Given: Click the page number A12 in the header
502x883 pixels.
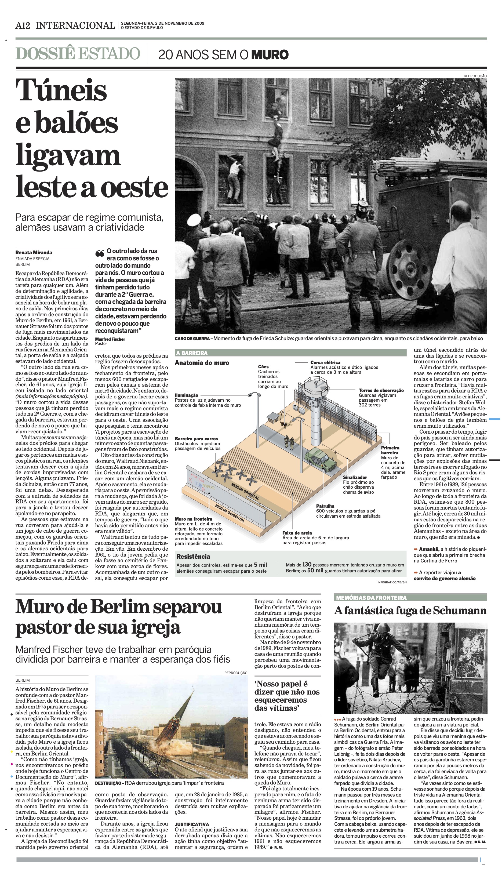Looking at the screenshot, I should click(23, 26).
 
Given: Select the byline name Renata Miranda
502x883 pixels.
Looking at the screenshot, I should click(34, 252).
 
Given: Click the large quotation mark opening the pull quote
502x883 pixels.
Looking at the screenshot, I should click(100, 253).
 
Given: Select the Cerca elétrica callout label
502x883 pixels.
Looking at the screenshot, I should click(325, 362).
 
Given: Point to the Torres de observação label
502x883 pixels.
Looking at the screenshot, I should click(381, 390).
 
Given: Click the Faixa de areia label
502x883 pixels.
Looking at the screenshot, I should click(297, 533).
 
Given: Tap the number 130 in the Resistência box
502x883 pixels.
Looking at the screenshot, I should click(307, 565).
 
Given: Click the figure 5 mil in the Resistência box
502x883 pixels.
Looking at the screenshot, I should click(260, 565).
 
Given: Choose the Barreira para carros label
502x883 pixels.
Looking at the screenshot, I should click(196, 439).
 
